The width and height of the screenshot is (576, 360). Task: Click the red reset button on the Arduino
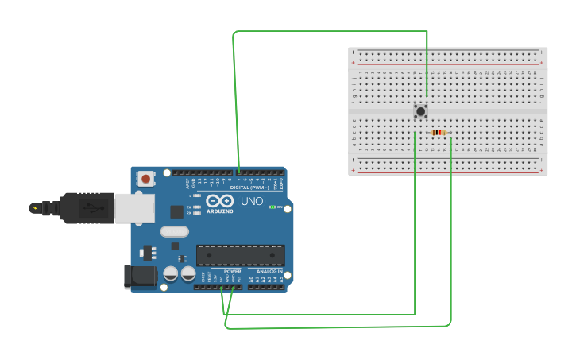pos(145,179)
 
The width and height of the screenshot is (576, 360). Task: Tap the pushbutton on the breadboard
pos(420,111)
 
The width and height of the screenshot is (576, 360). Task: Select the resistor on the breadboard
pos(438,133)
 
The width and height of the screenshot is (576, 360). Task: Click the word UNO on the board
pos(252,202)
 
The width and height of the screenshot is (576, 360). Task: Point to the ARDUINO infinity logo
pos(219,201)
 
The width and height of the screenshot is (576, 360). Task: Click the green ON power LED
pos(273,207)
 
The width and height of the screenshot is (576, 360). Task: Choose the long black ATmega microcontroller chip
pos(241,255)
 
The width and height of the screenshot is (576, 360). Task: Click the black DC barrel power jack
pos(138,277)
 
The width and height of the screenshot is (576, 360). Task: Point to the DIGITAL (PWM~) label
pos(249,188)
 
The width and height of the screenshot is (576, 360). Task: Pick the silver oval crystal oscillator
pos(174,232)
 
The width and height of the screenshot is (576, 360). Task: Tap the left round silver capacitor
pos(170,274)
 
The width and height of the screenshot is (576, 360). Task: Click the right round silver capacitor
pos(188,274)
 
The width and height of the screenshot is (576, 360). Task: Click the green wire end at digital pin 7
pos(238,171)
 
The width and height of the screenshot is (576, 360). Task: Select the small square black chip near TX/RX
pos(176,212)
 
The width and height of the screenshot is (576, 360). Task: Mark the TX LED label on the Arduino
pos(188,207)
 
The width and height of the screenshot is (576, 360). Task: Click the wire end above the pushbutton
pos(427,96)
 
